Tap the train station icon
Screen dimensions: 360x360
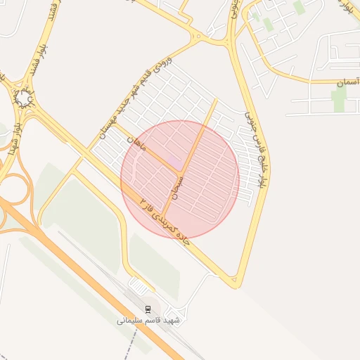(x=148, y=309)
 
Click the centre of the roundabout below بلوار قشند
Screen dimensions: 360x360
(x=25, y=101)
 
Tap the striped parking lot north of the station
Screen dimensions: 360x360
(x=139, y=286)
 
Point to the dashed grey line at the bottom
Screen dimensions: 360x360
(x=131, y=345)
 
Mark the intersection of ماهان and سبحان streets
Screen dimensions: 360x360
(x=181, y=172)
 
